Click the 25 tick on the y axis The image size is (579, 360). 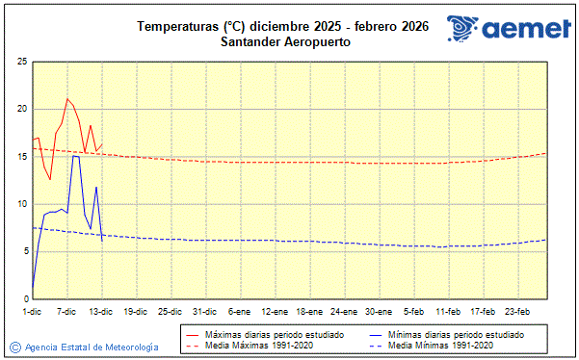point(20,62)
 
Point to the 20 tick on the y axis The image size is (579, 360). point(20,109)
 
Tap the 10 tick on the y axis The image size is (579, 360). point(20,204)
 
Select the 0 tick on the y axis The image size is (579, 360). point(23,298)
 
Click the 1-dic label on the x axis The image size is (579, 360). point(33,311)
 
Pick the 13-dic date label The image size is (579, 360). point(101,311)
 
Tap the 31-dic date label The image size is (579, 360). point(204,311)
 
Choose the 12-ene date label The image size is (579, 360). point(275,311)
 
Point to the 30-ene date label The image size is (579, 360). point(379,311)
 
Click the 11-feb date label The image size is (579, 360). point(448,311)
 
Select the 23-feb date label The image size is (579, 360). point(517,311)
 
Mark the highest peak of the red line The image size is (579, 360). point(67,98)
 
